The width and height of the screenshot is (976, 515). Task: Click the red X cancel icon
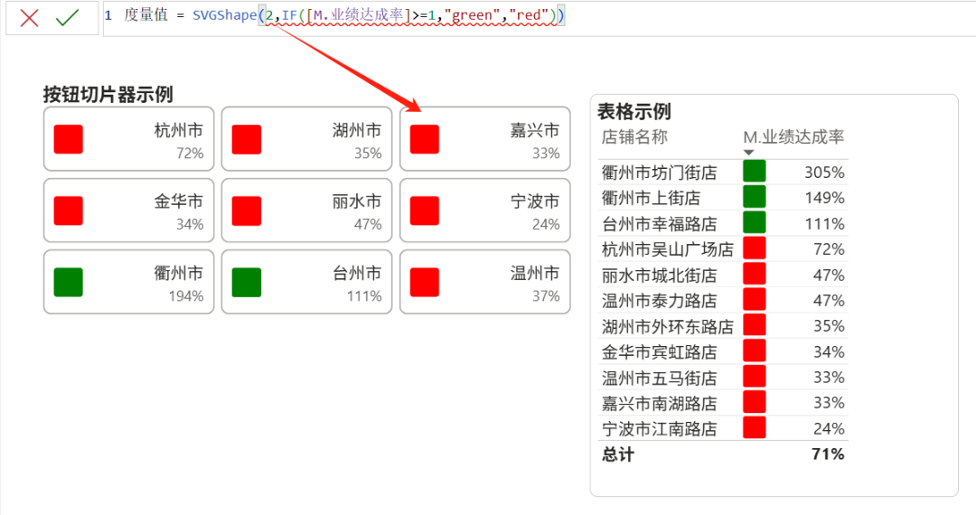click(x=30, y=18)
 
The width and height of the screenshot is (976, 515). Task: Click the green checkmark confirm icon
click(x=68, y=18)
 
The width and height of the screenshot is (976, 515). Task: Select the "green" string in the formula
click(x=469, y=15)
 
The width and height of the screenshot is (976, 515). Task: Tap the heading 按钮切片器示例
click(x=108, y=94)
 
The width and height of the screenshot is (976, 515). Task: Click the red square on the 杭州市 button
click(x=69, y=139)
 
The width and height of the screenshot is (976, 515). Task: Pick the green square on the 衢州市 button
click(x=69, y=282)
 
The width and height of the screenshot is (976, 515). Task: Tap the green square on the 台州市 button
click(x=247, y=282)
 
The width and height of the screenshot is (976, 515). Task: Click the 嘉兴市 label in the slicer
click(x=534, y=131)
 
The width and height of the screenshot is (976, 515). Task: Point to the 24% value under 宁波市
click(x=545, y=225)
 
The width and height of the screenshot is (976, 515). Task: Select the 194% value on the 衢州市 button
click(x=185, y=296)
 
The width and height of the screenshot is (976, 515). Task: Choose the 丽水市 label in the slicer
click(x=356, y=201)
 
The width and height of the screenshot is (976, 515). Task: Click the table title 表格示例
click(x=634, y=111)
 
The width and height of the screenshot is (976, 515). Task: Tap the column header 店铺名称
click(x=634, y=137)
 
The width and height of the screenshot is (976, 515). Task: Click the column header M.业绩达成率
click(x=793, y=137)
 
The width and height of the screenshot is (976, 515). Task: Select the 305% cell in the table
click(x=824, y=172)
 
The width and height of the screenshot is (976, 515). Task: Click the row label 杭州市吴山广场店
click(x=668, y=249)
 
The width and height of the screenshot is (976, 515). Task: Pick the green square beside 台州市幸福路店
click(x=754, y=223)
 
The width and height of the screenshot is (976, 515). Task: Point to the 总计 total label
click(x=618, y=454)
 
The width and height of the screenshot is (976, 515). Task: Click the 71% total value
click(x=828, y=454)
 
